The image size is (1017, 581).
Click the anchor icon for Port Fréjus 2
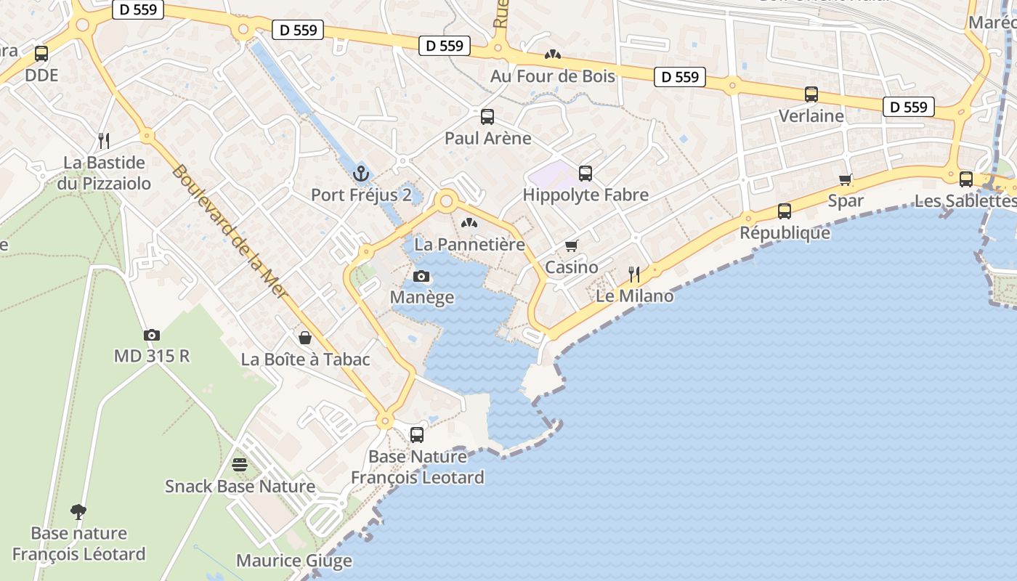coord(361,174)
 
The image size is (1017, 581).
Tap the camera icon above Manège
coord(421,276)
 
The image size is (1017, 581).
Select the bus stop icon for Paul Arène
coord(487,116)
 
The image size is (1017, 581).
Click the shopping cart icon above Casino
coord(572,245)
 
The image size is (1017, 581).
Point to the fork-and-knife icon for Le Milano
coord(634,274)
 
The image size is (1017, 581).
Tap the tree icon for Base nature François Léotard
coord(78,512)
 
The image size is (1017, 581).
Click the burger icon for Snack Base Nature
coord(240,465)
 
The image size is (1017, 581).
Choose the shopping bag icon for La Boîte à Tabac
coord(305,338)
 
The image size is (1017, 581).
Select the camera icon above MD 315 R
coord(151,335)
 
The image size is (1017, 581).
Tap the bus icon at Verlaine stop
coord(811,94)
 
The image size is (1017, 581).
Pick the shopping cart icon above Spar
coord(845,179)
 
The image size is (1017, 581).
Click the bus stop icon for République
coord(785,211)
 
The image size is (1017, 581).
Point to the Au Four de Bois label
coord(552,76)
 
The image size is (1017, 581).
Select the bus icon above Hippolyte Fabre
coord(586,173)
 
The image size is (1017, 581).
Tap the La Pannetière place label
coord(469,245)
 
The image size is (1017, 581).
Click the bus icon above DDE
coord(41,53)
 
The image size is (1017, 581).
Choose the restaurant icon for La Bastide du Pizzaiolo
coord(104,140)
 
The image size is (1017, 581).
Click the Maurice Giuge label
coord(294,561)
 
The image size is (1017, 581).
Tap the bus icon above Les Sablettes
coord(965,179)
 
